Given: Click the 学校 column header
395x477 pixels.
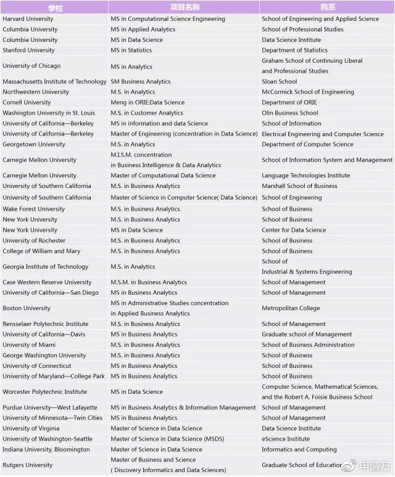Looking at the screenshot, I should coord(54,7).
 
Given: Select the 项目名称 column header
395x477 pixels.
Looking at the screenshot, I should coord(183,7).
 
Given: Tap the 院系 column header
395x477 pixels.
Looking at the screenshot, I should coord(327,7).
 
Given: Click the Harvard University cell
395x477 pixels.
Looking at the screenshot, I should coord(28,18).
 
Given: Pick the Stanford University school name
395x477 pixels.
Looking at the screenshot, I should coord(28,50).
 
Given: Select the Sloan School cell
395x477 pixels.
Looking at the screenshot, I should coord(279,81).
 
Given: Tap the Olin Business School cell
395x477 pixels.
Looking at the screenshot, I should coord(290,113).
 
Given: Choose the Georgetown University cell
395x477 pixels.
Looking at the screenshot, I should coord(34,144).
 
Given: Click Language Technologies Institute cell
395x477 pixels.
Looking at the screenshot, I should coord(306,175).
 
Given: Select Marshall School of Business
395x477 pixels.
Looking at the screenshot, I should coord(299,185).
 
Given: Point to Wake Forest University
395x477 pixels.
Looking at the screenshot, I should coord(33,209).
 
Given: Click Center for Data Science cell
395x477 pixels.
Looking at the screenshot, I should coord(294,230).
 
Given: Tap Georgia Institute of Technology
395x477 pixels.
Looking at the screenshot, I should coord(46,267).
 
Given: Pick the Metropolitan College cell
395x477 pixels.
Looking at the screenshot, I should coord(291,308).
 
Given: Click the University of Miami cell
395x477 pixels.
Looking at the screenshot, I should coord(29,344).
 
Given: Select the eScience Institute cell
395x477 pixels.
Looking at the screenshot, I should coord(286,439).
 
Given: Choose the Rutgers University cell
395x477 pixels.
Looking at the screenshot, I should coord(28,465).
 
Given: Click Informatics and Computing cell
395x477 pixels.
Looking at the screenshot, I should coord(299,449).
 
